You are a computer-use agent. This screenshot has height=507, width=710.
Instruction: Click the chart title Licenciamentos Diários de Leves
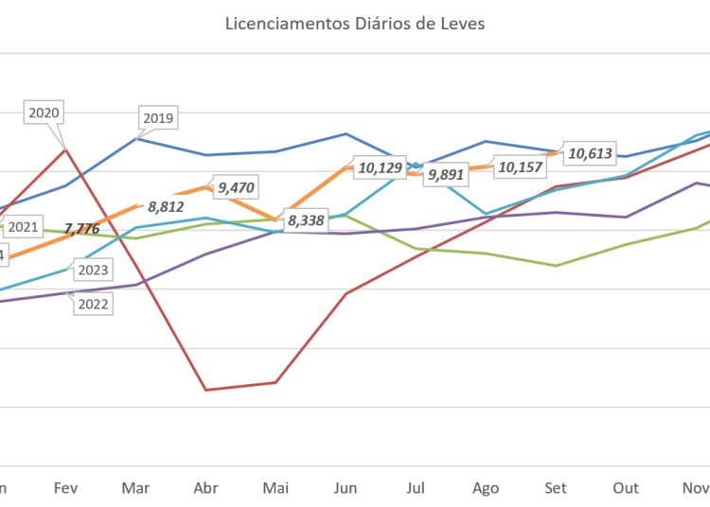click(355, 24)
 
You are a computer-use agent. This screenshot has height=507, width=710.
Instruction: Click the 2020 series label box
click(44, 113)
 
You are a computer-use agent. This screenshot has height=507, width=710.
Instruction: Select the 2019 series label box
click(157, 118)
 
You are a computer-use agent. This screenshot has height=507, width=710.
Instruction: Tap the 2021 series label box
click(22, 227)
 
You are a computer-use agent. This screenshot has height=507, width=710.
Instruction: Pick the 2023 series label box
click(92, 271)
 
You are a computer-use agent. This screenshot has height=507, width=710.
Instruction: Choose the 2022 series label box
click(92, 304)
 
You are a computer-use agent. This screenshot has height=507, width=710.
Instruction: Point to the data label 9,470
click(237, 187)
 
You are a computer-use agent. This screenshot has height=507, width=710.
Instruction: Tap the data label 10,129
click(380, 168)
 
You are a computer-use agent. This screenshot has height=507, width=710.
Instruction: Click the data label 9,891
click(446, 175)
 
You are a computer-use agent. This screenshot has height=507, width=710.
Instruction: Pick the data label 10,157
click(519, 167)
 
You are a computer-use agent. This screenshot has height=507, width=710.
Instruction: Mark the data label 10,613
click(591, 153)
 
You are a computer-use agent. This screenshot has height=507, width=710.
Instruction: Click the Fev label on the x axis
click(66, 488)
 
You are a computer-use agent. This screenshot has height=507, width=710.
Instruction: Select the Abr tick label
click(205, 488)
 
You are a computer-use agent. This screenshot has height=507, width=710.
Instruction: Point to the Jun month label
click(346, 488)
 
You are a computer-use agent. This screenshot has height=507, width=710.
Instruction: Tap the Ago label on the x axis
click(486, 488)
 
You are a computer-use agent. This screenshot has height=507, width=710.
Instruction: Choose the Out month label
click(626, 488)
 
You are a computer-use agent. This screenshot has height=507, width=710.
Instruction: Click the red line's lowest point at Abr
click(205, 389)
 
